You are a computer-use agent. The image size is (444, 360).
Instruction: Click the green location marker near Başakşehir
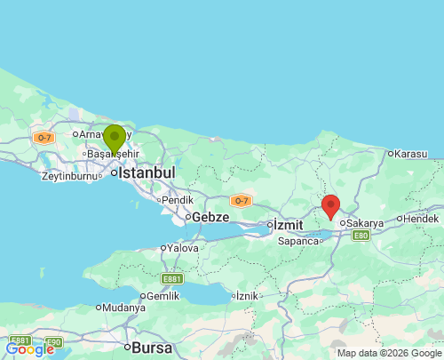tap(115, 140)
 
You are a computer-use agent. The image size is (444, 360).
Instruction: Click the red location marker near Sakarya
tap(330, 206)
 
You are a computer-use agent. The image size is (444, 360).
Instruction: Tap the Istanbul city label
tap(147, 172)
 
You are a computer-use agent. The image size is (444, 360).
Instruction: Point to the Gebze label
tap(210, 217)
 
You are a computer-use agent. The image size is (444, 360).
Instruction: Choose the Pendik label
tap(177, 200)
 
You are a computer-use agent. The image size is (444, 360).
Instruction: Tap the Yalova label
tap(182, 249)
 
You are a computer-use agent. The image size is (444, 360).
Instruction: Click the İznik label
tap(249, 295)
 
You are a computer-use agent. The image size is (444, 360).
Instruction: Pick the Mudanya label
tap(123, 308)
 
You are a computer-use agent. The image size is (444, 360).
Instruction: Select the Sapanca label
tap(298, 241)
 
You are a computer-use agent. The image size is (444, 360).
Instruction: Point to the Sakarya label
tap(364, 223)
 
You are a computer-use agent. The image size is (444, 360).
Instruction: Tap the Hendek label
tap(421, 218)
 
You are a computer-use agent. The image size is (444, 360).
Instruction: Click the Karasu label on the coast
tap(411, 153)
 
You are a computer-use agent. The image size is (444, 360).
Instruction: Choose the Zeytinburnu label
tap(67, 176)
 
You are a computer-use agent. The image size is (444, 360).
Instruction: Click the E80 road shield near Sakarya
tap(361, 236)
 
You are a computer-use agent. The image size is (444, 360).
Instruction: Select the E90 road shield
tap(53, 341)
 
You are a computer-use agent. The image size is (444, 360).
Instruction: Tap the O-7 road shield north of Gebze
tap(240, 201)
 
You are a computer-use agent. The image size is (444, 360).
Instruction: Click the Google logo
tap(29, 349)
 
